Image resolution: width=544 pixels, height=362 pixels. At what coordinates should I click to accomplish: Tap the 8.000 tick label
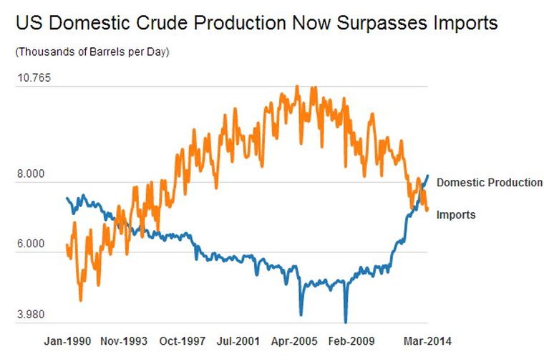31,173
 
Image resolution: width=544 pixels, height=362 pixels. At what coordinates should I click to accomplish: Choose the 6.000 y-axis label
31,244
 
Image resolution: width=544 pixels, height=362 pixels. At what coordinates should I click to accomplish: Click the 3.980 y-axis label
31,314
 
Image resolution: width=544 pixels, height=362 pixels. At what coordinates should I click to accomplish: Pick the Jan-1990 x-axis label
68,340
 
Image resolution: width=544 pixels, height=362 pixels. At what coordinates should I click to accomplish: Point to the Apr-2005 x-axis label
293,340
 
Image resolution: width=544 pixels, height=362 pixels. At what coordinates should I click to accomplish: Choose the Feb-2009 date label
351,340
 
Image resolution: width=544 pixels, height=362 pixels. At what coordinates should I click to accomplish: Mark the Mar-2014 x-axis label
427,340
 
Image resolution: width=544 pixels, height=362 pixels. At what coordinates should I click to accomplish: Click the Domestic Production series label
489,182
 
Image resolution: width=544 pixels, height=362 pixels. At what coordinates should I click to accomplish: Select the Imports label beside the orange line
455,214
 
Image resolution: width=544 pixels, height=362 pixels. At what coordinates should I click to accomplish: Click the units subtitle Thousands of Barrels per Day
92,51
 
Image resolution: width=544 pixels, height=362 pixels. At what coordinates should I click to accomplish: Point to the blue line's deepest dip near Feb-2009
346,322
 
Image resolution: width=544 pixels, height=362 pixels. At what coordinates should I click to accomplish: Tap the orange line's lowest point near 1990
80,300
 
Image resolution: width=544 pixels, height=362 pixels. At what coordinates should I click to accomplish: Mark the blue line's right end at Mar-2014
428,175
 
